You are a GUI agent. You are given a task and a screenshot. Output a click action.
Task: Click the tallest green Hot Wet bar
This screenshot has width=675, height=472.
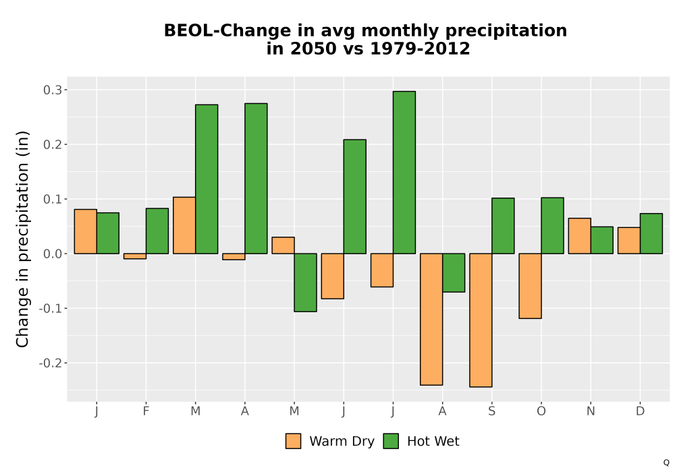pos(404,173)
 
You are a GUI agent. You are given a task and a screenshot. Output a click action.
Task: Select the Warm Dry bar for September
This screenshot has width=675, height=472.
pos(481,320)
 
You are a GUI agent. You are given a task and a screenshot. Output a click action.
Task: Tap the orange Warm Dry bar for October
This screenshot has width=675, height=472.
pos(531,286)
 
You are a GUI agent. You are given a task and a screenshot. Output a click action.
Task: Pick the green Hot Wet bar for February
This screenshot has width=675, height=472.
pos(157,231)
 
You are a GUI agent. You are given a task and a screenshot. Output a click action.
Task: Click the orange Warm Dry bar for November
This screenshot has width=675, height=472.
pos(579,236)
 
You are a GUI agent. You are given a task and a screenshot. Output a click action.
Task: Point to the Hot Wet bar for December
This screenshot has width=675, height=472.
pos(651,233)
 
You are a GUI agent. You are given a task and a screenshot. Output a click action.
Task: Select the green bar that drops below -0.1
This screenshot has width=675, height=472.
pos(306,283)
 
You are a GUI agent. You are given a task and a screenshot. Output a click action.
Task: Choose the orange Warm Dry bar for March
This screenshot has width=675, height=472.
pos(184,225)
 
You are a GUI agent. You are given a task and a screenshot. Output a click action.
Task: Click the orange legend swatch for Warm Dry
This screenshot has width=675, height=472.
pos(293,441)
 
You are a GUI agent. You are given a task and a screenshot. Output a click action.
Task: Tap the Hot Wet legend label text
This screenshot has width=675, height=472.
pos(433,442)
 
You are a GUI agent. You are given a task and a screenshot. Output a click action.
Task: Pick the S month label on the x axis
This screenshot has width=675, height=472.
pos(491,411)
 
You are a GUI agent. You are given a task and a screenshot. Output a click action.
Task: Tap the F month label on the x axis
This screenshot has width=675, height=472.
pos(146,411)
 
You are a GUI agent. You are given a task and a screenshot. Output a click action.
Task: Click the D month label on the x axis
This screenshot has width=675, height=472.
pos(640,411)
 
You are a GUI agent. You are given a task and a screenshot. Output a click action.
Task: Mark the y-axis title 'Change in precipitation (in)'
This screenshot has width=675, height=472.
pos(22,239)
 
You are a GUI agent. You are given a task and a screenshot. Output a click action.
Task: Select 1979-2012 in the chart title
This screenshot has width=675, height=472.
pos(420,49)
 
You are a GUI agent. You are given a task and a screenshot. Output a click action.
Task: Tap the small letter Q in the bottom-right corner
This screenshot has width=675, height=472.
pos(666,463)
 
